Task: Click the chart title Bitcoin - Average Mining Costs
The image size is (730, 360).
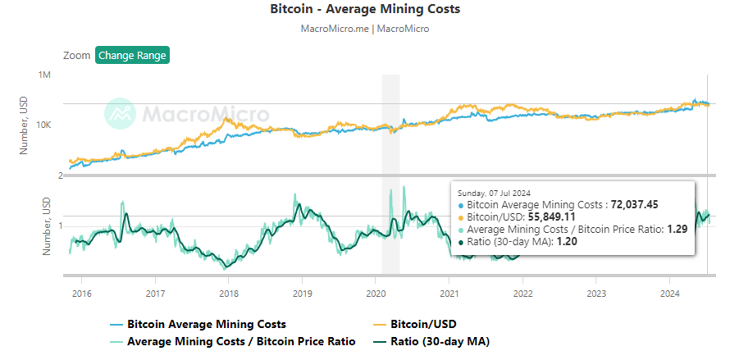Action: [365, 10]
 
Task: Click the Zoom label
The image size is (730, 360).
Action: [76, 56]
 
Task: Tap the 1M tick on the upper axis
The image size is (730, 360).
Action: [45, 75]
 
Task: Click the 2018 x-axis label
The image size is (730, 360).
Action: [229, 293]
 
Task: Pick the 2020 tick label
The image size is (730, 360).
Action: [376, 293]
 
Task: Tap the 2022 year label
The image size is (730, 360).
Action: [523, 293]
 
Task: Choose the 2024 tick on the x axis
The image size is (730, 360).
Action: [670, 293]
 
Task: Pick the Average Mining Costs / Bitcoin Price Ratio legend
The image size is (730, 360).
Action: [241, 341]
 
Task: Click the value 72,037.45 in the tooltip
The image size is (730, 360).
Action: [636, 204]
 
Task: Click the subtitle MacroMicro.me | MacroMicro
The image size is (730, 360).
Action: [365, 29]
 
